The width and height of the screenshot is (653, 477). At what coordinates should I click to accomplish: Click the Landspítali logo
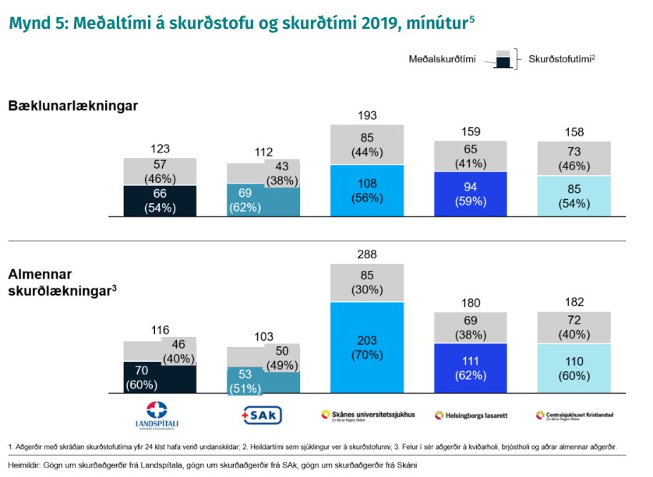[159, 415]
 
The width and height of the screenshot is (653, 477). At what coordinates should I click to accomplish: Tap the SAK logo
[263, 415]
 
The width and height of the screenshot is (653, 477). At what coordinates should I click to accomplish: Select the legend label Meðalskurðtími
[442, 59]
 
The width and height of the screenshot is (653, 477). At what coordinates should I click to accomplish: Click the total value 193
[367, 115]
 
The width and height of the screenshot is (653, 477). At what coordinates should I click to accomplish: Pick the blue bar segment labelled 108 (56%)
[367, 190]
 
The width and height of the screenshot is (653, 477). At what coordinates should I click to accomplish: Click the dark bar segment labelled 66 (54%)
[160, 201]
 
